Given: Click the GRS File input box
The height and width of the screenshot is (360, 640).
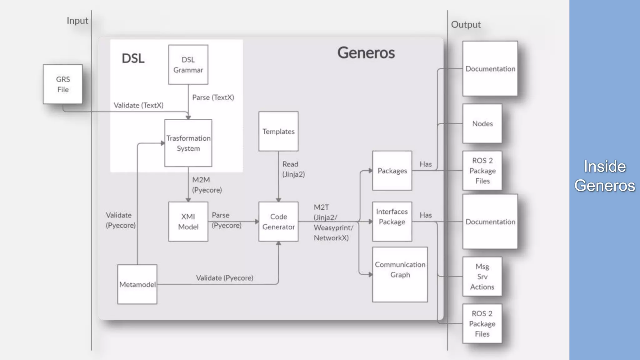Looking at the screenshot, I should click(63, 84).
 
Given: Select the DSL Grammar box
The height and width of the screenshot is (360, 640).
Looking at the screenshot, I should click(188, 65).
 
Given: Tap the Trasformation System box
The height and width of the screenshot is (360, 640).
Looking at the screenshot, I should click(188, 143).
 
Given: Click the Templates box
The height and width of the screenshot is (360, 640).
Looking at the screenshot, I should click(278, 132).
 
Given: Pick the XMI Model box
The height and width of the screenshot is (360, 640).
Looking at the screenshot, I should click(188, 222).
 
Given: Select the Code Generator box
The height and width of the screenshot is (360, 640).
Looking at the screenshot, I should click(278, 222).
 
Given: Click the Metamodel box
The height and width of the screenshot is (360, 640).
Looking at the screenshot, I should click(137, 284).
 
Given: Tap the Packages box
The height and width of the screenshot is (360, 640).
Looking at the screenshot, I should click(392, 171).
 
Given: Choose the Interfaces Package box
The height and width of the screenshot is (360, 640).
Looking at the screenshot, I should click(392, 222).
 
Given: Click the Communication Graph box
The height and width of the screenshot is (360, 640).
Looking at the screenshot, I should click(400, 274).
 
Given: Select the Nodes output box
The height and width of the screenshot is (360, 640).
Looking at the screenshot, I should click(482, 124).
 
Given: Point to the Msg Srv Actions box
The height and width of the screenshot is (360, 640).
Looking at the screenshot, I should click(482, 277).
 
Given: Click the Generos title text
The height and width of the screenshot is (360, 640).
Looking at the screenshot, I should click(366, 52).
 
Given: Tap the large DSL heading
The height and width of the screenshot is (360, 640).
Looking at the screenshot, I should click(133, 58).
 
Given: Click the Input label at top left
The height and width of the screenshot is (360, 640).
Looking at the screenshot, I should click(77, 21).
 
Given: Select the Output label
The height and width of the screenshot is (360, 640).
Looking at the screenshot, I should click(466, 25).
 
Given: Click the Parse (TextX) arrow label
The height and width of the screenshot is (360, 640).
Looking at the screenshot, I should click(213, 97).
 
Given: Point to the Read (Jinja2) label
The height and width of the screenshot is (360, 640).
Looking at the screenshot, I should click(293, 169).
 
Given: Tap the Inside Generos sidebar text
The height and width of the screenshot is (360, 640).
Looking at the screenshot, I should click(604, 176).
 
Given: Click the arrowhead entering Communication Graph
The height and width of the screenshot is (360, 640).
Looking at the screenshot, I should click(370, 275).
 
